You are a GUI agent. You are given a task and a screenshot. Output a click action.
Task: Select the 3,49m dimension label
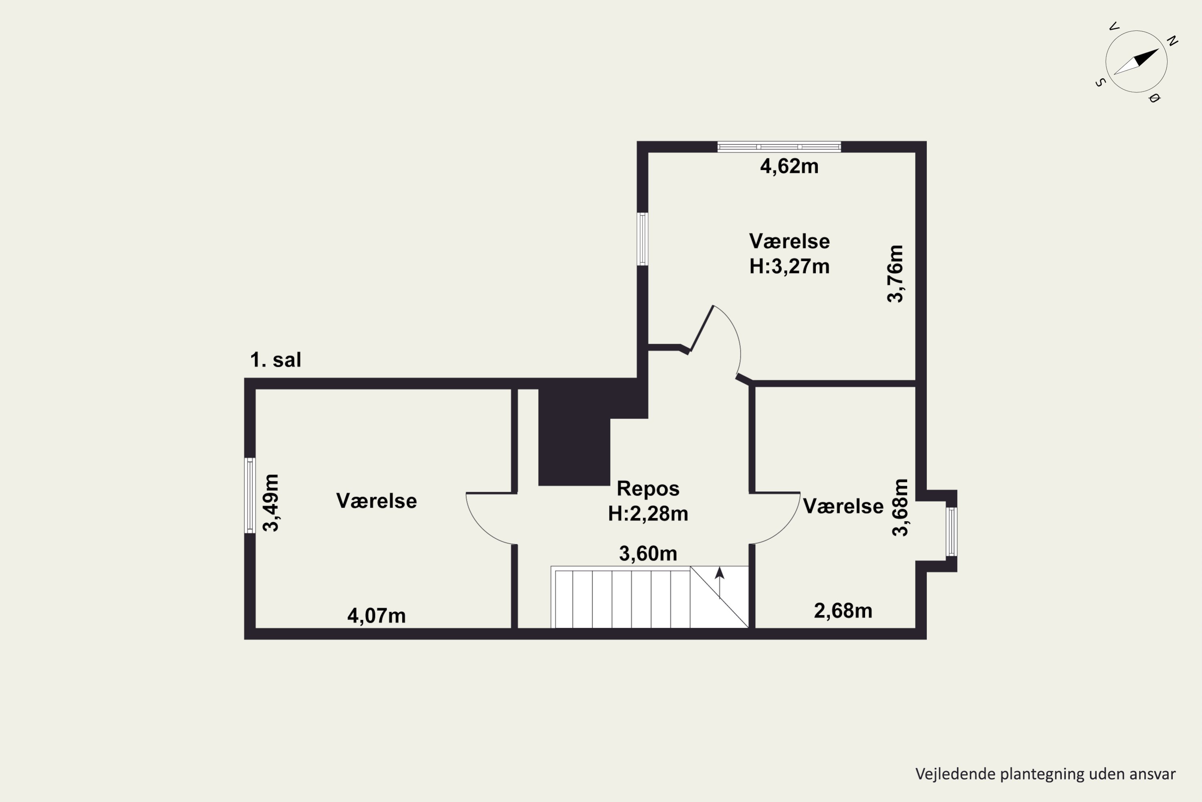(271, 503)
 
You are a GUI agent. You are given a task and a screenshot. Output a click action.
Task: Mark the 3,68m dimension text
(900, 507)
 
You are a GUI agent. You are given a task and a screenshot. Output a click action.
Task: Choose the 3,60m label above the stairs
(648, 553)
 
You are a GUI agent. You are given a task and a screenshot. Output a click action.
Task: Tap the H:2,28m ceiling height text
(648, 514)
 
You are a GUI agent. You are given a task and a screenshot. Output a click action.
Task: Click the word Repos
(648, 489)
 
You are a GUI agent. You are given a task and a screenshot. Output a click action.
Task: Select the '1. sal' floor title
(276, 360)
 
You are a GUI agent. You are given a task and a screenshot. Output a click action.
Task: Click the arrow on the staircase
(720, 583)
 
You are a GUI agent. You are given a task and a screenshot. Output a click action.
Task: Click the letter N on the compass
(1173, 41)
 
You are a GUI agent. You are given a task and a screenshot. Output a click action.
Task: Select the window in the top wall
(779, 147)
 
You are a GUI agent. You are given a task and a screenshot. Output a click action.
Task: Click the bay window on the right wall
(951, 531)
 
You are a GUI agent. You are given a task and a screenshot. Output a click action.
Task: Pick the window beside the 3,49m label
(250, 495)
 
